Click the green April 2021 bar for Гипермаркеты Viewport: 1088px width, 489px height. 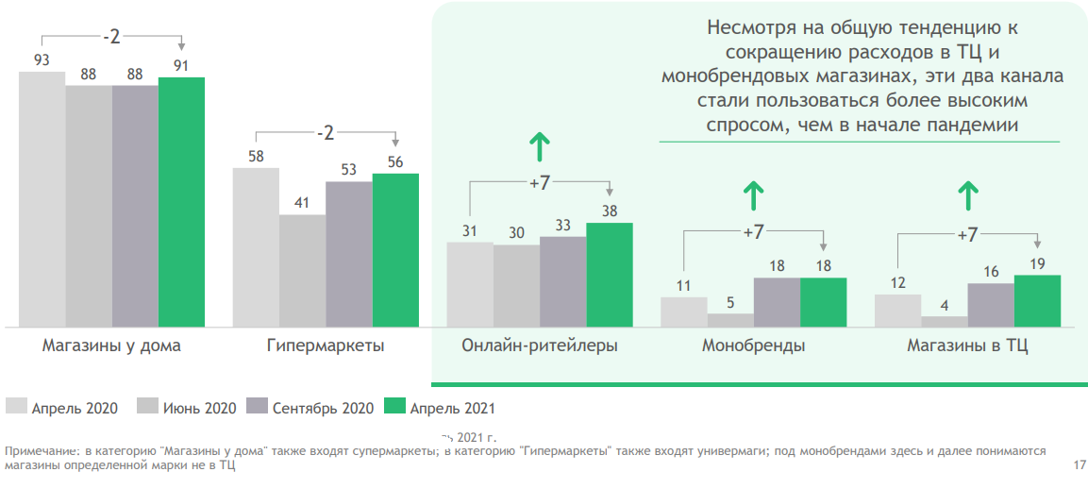pos(395,250)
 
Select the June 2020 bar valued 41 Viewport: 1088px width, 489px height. pos(302,271)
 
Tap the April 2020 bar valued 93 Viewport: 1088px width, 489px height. pos(42,198)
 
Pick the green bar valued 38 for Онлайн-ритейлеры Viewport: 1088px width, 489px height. pos(610,275)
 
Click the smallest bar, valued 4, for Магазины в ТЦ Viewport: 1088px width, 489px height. pos(944,321)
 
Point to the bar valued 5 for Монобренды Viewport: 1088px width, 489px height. pos(730,320)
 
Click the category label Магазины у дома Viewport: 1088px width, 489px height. pos(111,346)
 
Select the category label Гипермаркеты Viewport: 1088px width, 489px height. pos(326,346)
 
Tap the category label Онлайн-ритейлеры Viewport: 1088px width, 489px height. pos(540,346)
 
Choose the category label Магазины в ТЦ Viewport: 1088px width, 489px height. pos(967,346)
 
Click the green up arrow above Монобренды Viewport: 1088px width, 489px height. pos(753,196)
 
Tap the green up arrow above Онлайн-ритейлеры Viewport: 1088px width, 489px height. pos(540,147)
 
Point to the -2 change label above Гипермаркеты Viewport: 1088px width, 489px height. pos(325,133)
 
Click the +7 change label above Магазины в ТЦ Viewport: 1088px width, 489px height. pos(967,235)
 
